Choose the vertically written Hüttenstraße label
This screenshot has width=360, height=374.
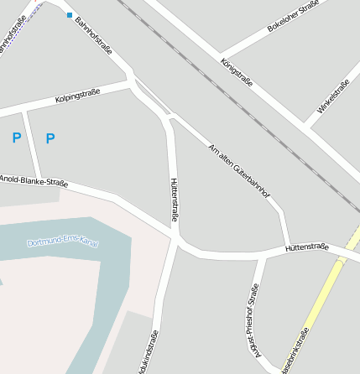pyautogui.click(x=175, y=200)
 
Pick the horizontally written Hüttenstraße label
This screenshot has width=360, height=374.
pyautogui.click(x=305, y=247)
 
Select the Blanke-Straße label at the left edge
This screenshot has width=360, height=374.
pyautogui.click(x=34, y=179)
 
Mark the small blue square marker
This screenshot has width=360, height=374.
pyautogui.click(x=69, y=14)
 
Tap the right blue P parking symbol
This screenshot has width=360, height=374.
pyautogui.click(x=50, y=138)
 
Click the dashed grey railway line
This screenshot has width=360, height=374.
pyautogui.click(x=243, y=105)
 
